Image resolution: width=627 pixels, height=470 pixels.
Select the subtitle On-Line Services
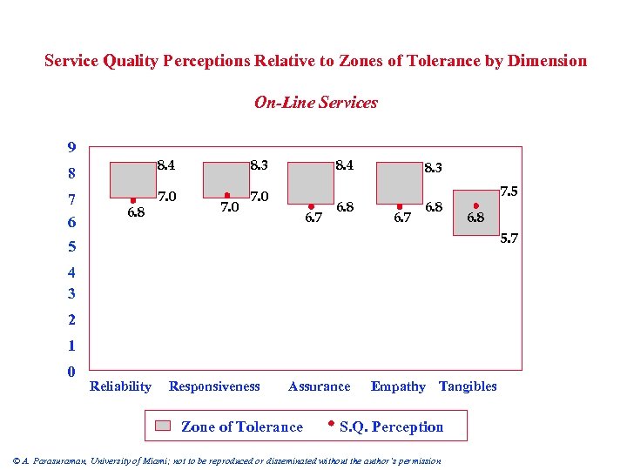pyautogui.click(x=315, y=103)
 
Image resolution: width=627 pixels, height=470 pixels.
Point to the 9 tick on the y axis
pyautogui.click(x=71, y=146)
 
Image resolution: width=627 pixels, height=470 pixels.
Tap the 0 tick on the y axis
pyautogui.click(x=71, y=372)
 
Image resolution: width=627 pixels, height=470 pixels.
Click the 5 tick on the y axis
pyautogui.click(x=71, y=246)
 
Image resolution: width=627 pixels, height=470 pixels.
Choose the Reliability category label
pyautogui.click(x=120, y=386)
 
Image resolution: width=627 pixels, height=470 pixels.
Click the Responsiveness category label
pyautogui.click(x=214, y=386)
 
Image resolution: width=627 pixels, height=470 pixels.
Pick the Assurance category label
pyautogui.click(x=319, y=386)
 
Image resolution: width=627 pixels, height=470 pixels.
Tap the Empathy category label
pyautogui.click(x=398, y=386)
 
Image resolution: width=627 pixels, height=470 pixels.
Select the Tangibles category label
pyautogui.click(x=468, y=386)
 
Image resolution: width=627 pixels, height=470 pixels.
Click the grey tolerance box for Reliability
pyautogui.click(x=131, y=179)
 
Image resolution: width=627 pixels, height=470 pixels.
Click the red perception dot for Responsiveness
pyautogui.click(x=227, y=195)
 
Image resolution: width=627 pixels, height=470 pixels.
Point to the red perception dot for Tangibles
pyautogui.click(x=475, y=206)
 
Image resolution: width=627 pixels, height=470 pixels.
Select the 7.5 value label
pyautogui.click(x=509, y=191)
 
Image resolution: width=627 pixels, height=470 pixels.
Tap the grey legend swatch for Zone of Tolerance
pyautogui.click(x=164, y=426)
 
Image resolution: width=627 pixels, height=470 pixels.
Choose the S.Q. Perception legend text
pyautogui.click(x=391, y=426)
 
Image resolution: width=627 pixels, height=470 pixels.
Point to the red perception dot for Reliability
pyautogui.click(x=132, y=200)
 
